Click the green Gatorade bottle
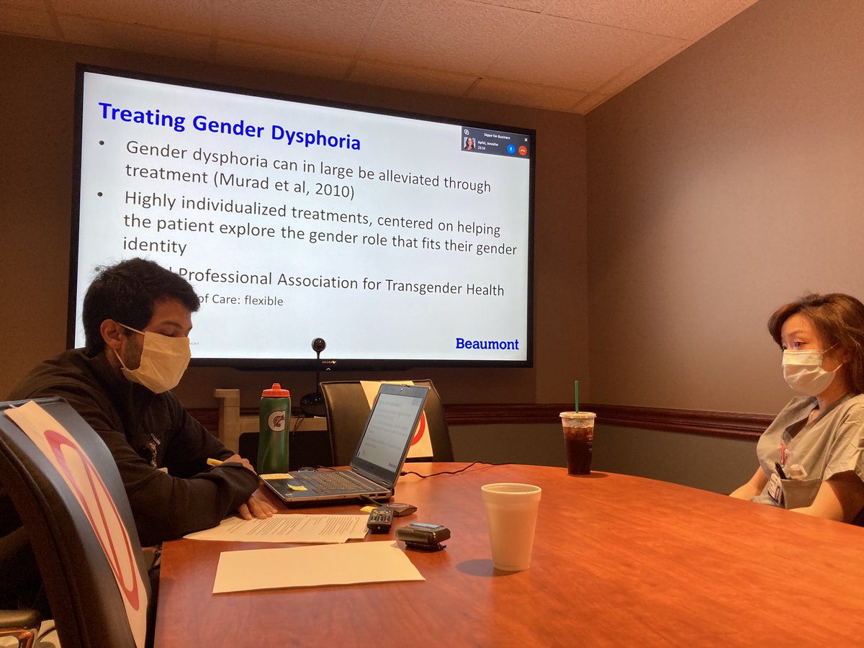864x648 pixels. pyautogui.click(x=274, y=432)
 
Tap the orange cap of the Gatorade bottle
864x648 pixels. pyautogui.click(x=276, y=392)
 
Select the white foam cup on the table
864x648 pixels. pyautogui.click(x=510, y=525)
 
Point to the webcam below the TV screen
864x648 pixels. pyautogui.click(x=318, y=346)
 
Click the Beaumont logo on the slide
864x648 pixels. pyautogui.click(x=487, y=343)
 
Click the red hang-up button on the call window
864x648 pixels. pyautogui.click(x=522, y=150)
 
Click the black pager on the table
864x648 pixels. pyautogui.click(x=423, y=535)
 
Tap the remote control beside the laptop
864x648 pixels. pyautogui.click(x=380, y=519)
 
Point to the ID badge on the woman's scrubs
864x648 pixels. pyautogui.click(x=775, y=489)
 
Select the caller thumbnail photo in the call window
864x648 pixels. pyautogui.click(x=469, y=143)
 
